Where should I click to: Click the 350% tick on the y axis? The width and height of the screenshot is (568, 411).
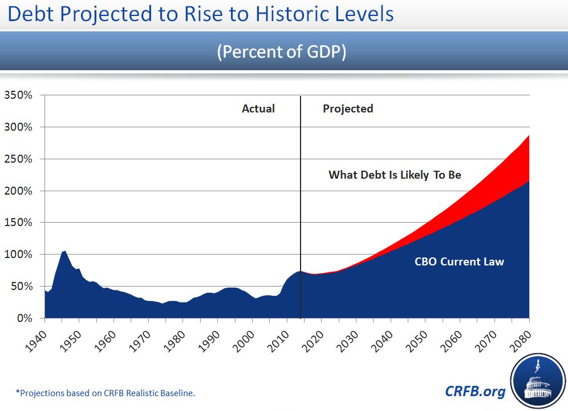(x=18, y=95)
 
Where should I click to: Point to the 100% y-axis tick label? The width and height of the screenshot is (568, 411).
(x=18, y=254)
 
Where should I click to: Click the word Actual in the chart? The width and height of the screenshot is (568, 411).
(x=258, y=108)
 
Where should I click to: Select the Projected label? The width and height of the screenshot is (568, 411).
(x=348, y=108)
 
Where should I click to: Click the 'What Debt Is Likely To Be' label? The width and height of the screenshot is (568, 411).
(x=395, y=175)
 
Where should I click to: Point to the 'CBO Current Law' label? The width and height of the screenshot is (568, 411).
(x=460, y=262)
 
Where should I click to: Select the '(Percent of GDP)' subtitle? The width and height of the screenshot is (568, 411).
(x=282, y=51)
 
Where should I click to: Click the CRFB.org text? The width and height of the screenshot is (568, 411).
(x=475, y=391)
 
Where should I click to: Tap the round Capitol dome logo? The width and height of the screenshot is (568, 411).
(x=537, y=381)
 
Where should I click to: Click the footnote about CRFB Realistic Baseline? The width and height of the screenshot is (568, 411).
(x=109, y=393)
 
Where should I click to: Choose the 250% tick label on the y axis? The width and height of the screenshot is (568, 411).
(x=18, y=159)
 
